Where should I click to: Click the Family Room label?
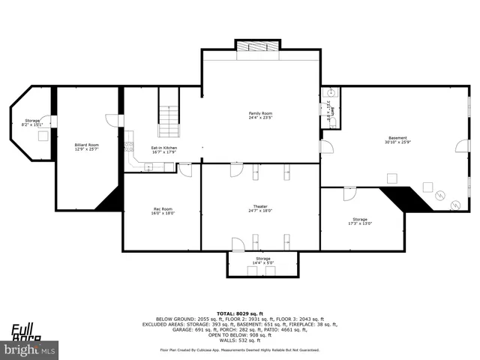pyautogui.click(x=260, y=113)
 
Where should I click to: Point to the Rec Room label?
pyautogui.click(x=163, y=208)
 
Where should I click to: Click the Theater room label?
pyautogui.click(x=260, y=206)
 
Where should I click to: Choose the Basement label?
pyautogui.click(x=397, y=138)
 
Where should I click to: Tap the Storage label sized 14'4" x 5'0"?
pyautogui.click(x=262, y=259)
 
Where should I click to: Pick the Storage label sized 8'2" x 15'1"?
pyautogui.click(x=31, y=120)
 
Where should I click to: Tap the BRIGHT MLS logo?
pyautogui.click(x=30, y=349)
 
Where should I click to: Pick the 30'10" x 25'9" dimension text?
pyautogui.click(x=397, y=142)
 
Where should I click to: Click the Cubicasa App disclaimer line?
pyautogui.click(x=239, y=349)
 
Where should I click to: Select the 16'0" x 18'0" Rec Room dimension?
pyautogui.click(x=163, y=213)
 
